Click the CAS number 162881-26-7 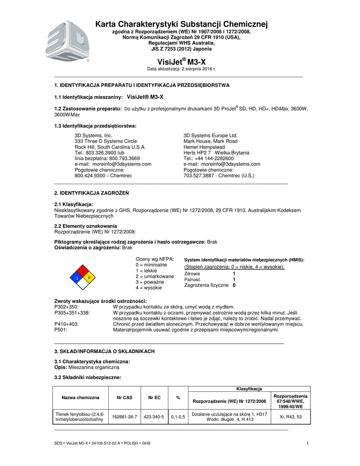[124, 416]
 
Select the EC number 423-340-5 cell [154, 416]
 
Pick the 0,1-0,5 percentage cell [178, 416]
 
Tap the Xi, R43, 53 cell [290, 416]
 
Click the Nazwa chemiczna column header [81, 397]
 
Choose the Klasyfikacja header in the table [249, 388]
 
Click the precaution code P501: [61, 329]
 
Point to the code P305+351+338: [72, 313]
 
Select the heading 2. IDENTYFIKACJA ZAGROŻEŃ [91, 193]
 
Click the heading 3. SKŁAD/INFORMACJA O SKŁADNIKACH [105, 351]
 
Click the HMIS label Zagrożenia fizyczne [206, 285]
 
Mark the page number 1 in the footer [308, 444]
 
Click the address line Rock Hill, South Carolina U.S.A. [110, 147]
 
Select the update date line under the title [181, 69]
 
